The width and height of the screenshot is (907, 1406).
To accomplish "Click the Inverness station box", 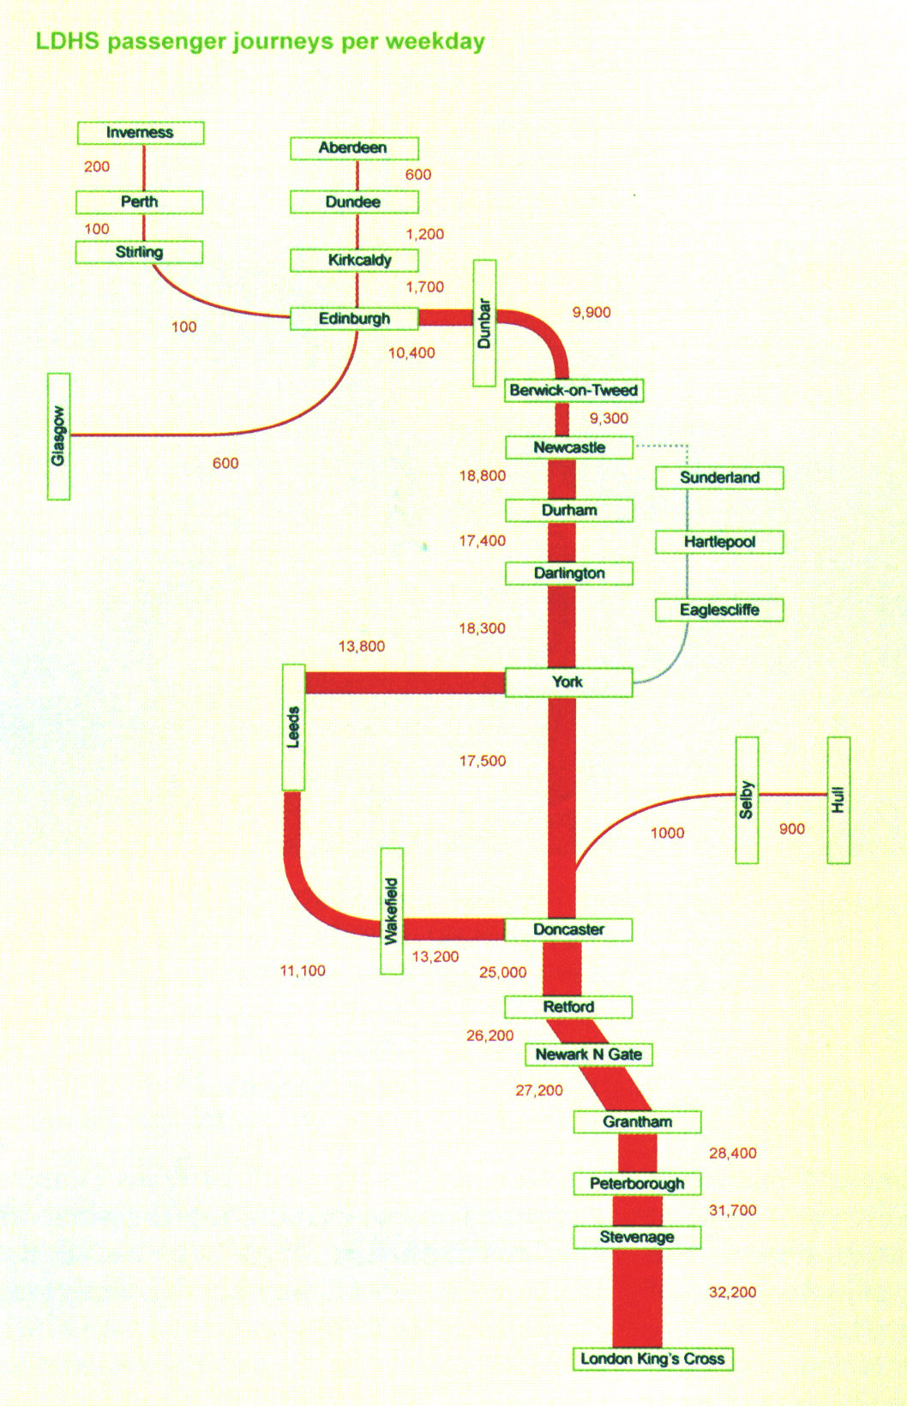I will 141,133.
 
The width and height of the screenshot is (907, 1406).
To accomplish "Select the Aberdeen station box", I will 354,148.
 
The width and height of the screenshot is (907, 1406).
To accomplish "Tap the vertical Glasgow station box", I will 58,436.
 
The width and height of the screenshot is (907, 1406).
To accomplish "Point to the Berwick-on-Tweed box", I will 574,391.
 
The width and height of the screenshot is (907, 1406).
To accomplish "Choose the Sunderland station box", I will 719,478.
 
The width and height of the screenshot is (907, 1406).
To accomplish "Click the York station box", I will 568,682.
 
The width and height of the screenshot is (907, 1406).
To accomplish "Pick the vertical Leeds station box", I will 293,727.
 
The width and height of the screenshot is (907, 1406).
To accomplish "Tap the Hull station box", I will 838,800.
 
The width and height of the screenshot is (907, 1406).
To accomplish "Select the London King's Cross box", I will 652,1359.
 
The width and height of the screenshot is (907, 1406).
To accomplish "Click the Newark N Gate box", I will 589,1054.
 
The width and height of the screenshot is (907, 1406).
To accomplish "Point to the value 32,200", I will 732,1292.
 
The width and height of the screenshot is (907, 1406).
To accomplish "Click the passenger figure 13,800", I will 361,646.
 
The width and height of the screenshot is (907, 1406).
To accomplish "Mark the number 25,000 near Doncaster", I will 502,972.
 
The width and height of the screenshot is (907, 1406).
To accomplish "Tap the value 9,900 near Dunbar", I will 592,312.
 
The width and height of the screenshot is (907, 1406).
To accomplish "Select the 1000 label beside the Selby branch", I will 667,832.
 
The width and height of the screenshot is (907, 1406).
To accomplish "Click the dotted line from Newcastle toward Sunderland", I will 662,446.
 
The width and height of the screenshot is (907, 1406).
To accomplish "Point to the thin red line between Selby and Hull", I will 793,794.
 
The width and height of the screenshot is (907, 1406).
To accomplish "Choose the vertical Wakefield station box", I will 392,910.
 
